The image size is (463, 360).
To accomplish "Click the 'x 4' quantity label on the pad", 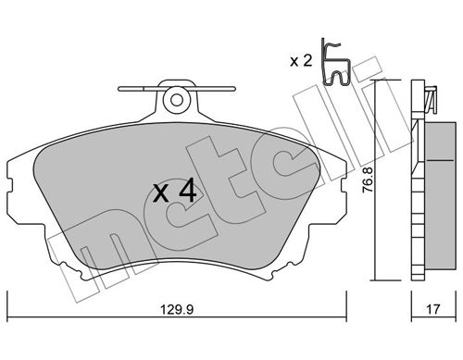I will pyautogui.click(x=173, y=192).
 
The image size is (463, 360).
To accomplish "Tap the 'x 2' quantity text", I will pyautogui.click(x=300, y=61).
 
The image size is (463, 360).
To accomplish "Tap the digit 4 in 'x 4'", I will pyautogui.click(x=186, y=192).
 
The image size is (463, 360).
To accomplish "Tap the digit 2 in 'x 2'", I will pyautogui.click(x=307, y=61).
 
